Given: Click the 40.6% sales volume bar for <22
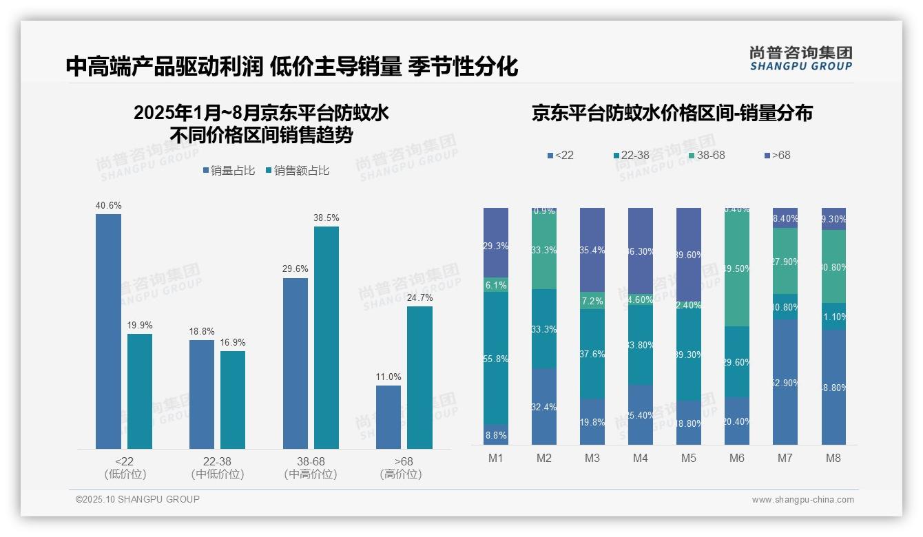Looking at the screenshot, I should tap(108, 330).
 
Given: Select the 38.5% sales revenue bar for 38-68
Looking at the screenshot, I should tap(326, 337).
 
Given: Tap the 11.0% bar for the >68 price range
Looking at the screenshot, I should tap(388, 417).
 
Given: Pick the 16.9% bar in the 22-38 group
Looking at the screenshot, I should tap(233, 399).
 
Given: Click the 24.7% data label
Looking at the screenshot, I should tap(419, 297).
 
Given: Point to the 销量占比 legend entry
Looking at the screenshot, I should tap(229, 171).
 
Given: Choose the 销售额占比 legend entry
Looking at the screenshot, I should tap(297, 171).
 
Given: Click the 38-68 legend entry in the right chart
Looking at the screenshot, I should tap(707, 155).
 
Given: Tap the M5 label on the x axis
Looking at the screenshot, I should tap(689, 458).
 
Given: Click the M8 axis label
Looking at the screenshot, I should tap(833, 458).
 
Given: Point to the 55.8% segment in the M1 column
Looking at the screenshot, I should tap(496, 358).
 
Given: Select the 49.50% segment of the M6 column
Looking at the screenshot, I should tap(737, 268).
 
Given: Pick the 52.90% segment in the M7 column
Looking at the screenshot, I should tap(785, 382).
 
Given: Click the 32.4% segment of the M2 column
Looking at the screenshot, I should tap(544, 407).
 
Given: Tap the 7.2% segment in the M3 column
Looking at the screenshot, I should tap(592, 301).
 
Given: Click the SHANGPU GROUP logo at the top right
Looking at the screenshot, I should tap(801, 59).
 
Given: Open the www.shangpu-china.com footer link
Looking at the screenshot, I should tap(802, 500).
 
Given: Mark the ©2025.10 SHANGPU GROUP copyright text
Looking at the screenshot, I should tap(138, 499).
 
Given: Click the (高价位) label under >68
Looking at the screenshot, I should tap(401, 474).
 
